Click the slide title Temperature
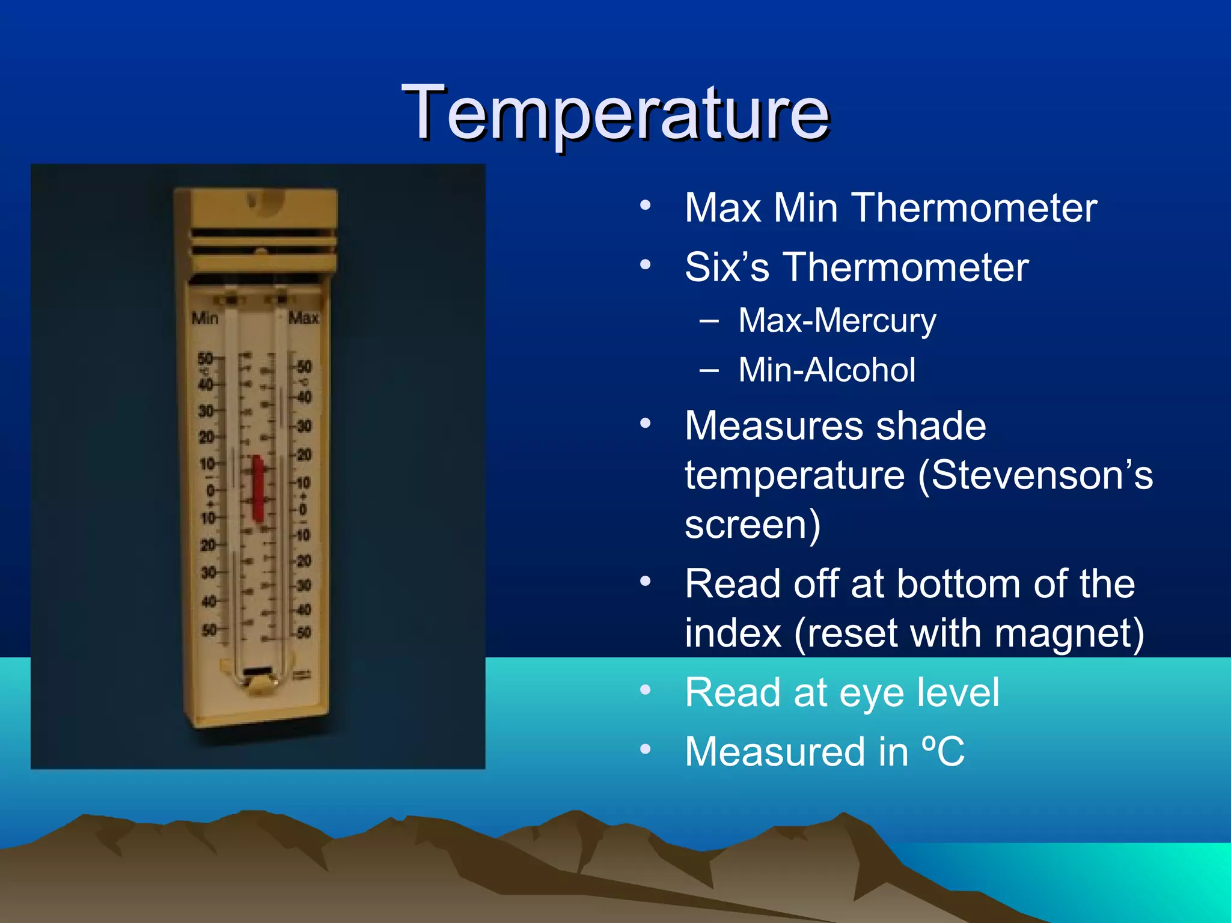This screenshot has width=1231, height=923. (615, 113)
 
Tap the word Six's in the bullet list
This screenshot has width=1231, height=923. (727, 267)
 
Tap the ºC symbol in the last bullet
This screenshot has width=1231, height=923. (943, 751)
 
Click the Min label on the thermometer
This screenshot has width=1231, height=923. (205, 318)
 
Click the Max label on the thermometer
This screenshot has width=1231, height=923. (304, 318)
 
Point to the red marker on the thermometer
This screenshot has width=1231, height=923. (258, 488)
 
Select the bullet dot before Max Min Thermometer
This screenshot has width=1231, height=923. (646, 206)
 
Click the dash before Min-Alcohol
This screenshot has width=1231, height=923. (709, 370)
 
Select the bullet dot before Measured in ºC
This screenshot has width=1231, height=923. (646, 749)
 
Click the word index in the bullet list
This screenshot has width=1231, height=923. (733, 633)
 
